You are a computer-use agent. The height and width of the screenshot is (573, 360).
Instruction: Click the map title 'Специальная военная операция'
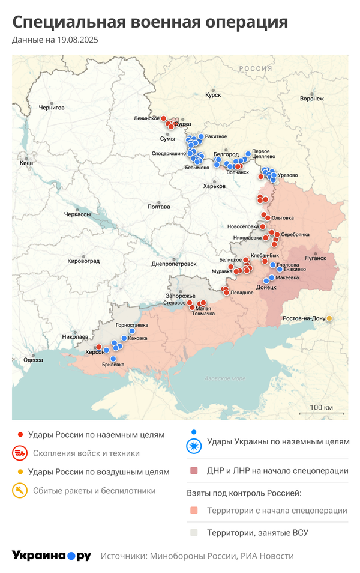150,23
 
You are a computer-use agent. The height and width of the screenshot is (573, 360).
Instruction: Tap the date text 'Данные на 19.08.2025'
55,40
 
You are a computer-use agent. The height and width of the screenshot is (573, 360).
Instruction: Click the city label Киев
26,163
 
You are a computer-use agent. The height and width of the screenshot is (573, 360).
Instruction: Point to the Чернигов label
51,108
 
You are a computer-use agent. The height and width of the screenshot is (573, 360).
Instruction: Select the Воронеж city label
311,98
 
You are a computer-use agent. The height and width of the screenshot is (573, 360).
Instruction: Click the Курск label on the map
213,95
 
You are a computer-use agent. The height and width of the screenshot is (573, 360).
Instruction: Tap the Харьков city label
214,186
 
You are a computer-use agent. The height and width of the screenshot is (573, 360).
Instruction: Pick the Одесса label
33,360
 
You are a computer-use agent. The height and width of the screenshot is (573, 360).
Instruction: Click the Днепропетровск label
174,264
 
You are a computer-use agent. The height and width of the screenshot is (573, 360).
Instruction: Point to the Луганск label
316,258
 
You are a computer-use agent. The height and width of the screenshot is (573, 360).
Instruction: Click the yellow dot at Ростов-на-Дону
329,318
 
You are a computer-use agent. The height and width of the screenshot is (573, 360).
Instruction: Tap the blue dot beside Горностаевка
132,331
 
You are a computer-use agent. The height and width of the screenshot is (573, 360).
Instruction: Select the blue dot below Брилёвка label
113,359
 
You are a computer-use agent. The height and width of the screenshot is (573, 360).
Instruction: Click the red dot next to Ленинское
163,118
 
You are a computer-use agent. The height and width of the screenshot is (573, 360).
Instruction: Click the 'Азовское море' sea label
225,378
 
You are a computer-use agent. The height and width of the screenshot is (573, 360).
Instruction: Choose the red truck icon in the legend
20,453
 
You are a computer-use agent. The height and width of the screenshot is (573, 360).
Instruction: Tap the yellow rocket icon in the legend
20,491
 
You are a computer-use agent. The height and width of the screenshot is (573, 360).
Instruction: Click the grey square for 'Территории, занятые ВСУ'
193,532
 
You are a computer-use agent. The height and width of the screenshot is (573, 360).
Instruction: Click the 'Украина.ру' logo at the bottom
51,556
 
